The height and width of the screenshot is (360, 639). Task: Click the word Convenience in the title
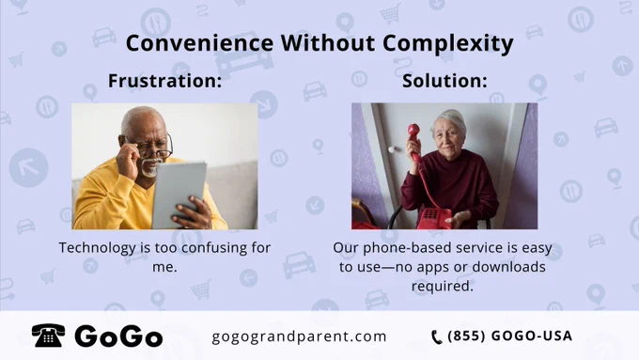[x=199, y=43]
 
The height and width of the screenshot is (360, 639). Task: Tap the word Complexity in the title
[x=448, y=43]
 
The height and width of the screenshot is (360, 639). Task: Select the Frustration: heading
[x=165, y=80]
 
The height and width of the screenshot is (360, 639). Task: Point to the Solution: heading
[x=444, y=80]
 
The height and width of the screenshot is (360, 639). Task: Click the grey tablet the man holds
[x=179, y=195]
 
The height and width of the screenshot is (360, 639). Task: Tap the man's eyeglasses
[x=153, y=149]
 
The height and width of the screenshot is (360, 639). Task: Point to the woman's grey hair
[x=450, y=120]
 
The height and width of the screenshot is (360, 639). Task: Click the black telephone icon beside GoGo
[x=48, y=336]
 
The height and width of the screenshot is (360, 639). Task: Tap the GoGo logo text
[x=118, y=337]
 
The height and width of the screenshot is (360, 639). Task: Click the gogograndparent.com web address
[x=299, y=337]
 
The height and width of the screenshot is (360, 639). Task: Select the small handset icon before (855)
[x=436, y=337]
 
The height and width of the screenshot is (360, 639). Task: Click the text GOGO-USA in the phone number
[x=532, y=336]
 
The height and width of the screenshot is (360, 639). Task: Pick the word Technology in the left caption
[x=98, y=248]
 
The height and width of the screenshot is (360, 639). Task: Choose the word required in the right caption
[x=443, y=286]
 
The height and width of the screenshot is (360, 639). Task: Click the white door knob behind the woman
[x=392, y=149]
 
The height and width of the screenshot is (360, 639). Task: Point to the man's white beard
[x=150, y=168]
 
